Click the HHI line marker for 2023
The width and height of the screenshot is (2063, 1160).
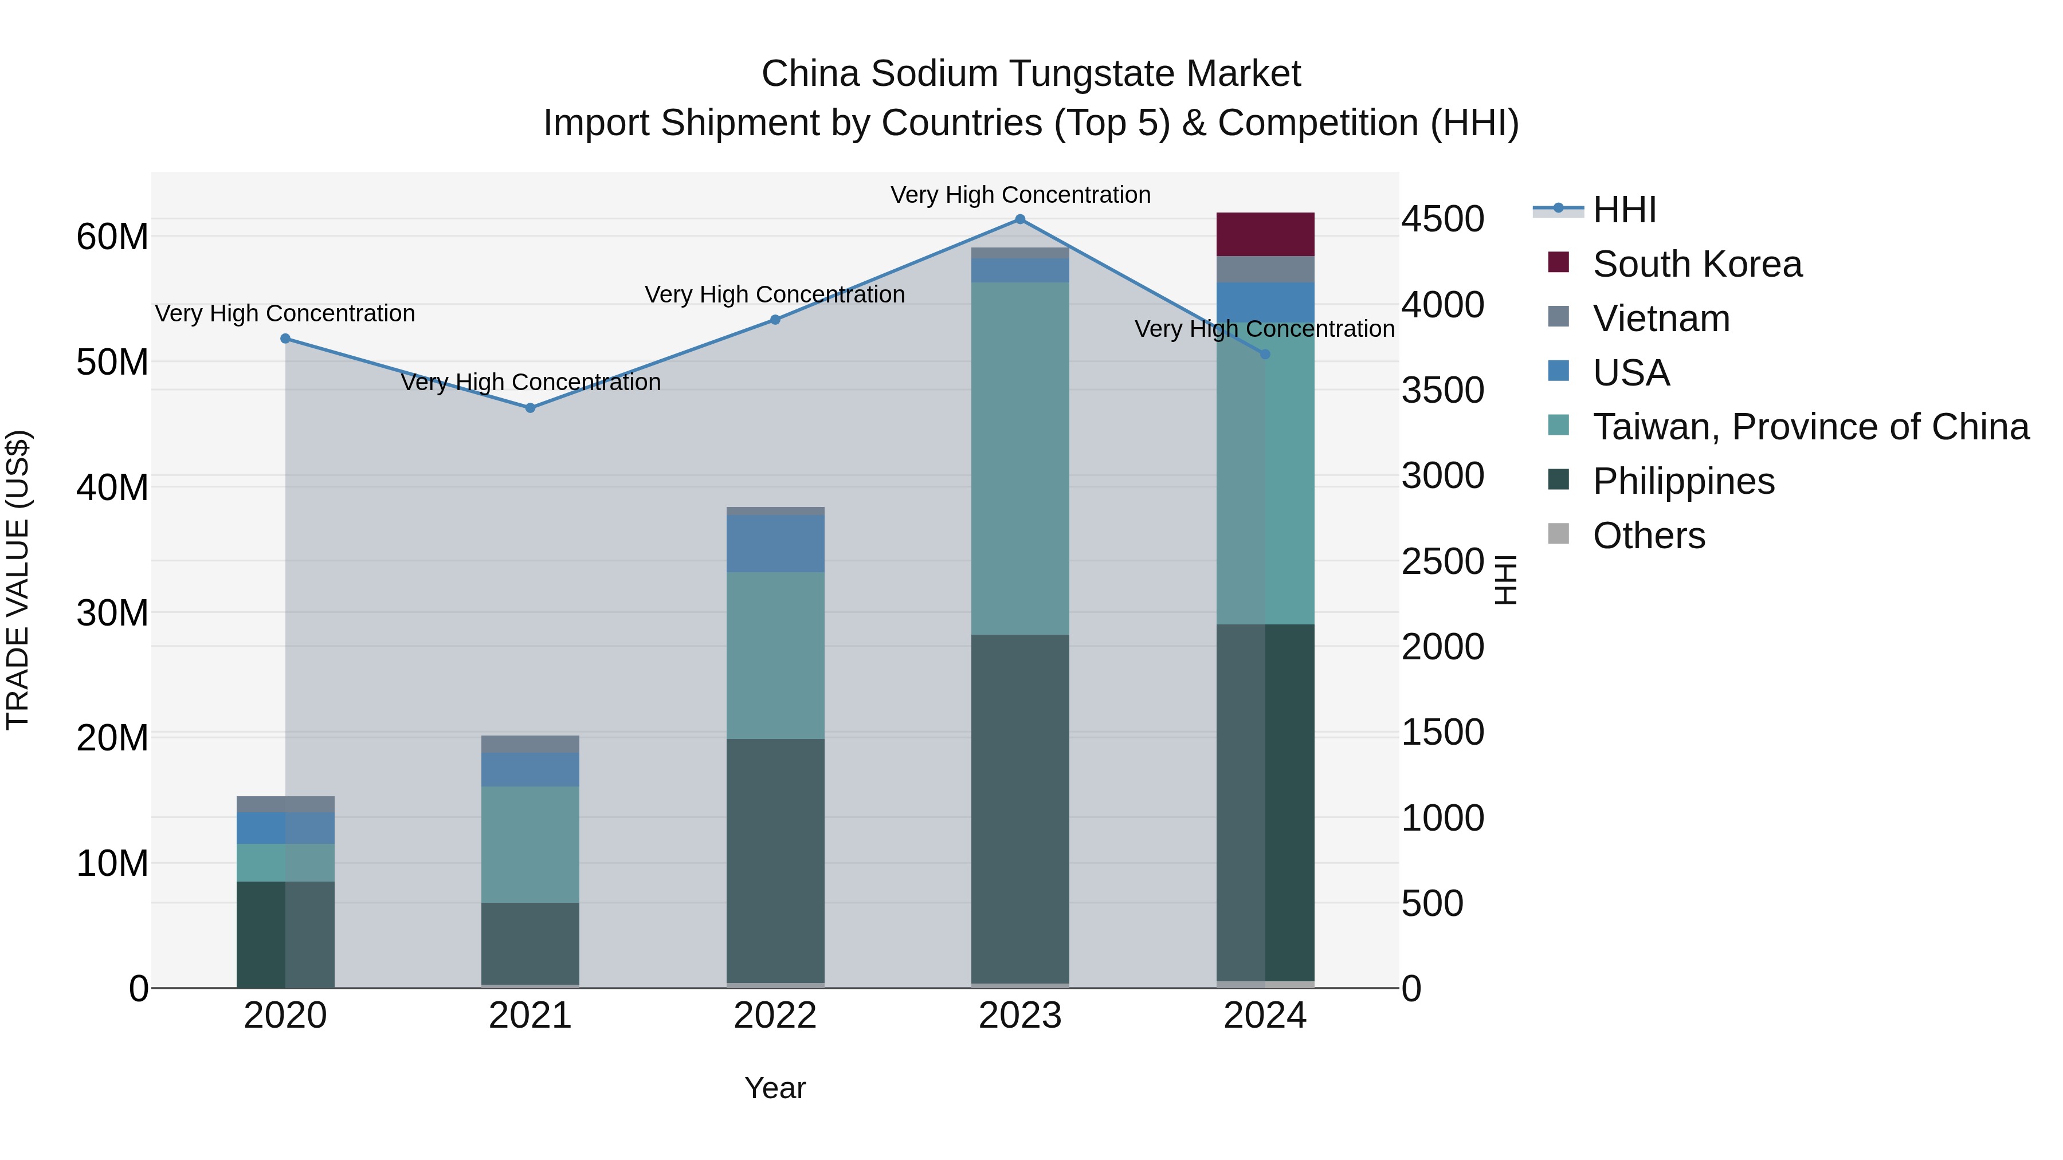pyautogui.click(x=1019, y=219)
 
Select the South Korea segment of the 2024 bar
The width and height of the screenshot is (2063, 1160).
pyautogui.click(x=1265, y=234)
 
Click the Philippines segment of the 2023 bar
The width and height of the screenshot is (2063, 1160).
pyautogui.click(x=1019, y=808)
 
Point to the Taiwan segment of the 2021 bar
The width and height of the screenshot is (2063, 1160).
pyautogui.click(x=530, y=844)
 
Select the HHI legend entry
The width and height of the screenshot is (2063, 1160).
pyautogui.click(x=1623, y=210)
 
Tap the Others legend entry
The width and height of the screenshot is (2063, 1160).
pyautogui.click(x=1648, y=536)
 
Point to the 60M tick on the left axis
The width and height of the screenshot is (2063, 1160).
pyautogui.click(x=112, y=237)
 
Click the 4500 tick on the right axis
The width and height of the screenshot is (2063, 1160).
pyautogui.click(x=1442, y=219)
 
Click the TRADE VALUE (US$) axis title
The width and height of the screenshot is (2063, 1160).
pyautogui.click(x=18, y=580)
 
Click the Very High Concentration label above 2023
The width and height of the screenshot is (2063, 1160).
pyautogui.click(x=1019, y=195)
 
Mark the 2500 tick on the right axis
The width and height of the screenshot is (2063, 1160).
pyautogui.click(x=1442, y=561)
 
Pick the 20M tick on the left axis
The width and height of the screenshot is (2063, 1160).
pyautogui.click(x=112, y=738)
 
